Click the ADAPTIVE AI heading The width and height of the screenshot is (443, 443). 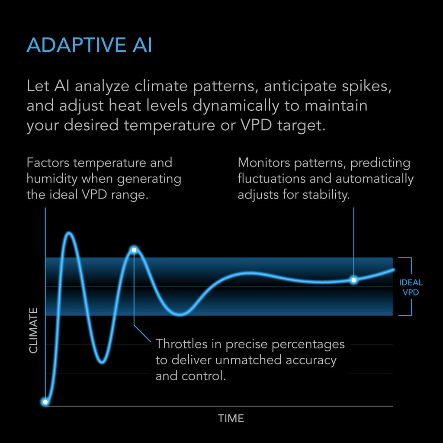coord(89,45)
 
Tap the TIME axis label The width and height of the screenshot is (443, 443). coord(231,418)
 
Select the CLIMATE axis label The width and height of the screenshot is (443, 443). coord(33,331)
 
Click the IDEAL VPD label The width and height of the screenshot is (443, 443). coord(411,287)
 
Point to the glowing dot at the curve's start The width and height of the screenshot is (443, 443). coord(45,402)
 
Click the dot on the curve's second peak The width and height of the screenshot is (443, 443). coord(134,250)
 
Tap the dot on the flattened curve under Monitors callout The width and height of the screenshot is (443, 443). coord(354,280)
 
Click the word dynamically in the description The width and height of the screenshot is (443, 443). coord(236,106)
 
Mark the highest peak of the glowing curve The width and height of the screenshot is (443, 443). coord(69,233)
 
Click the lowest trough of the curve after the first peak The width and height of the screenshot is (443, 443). coord(102,362)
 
